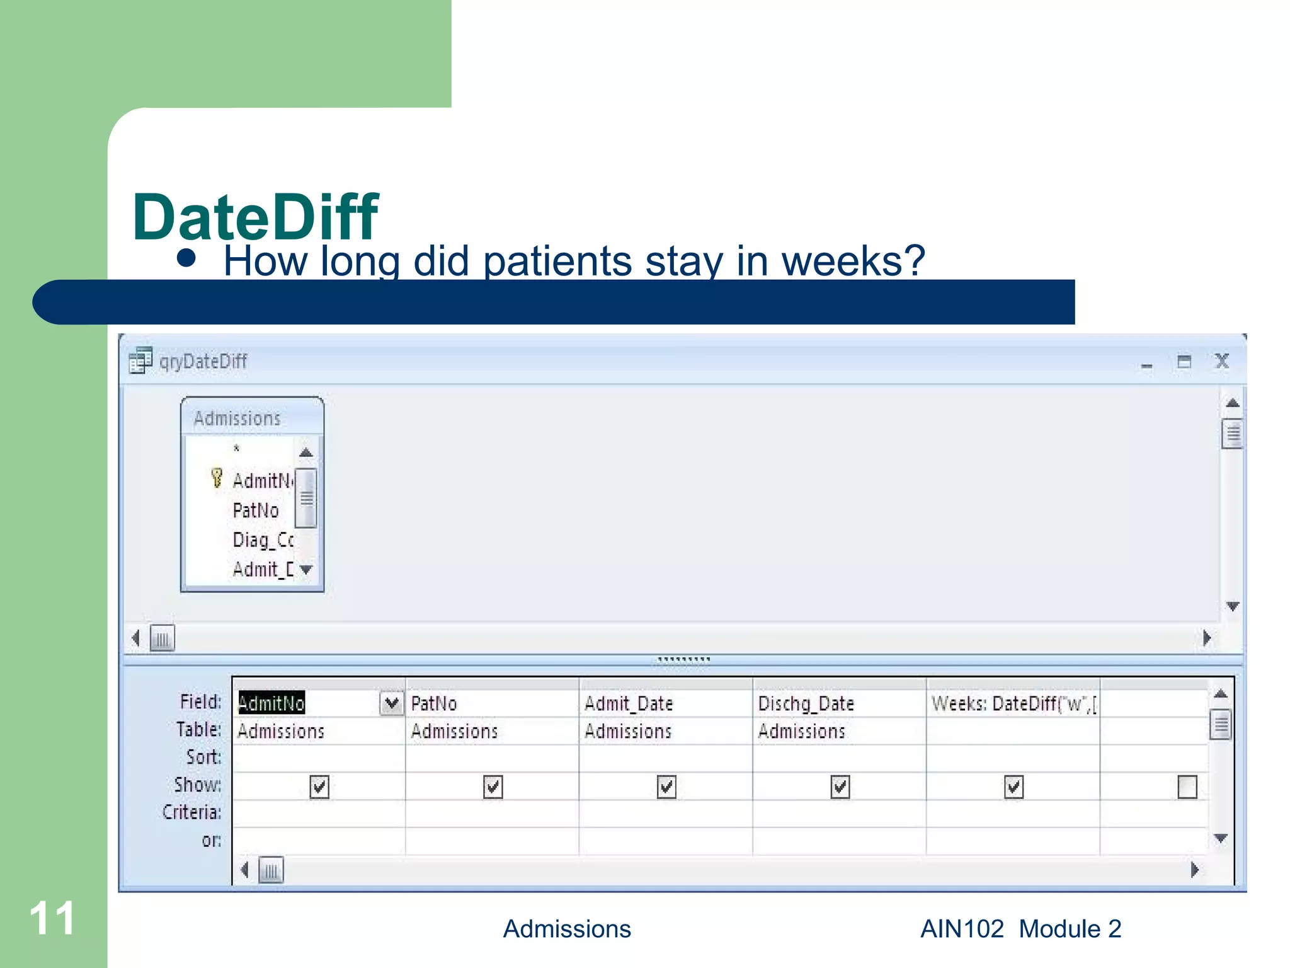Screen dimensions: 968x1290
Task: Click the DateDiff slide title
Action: pos(255,217)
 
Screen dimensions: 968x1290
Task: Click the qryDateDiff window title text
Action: pos(203,362)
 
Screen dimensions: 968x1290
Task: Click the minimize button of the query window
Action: pos(1146,364)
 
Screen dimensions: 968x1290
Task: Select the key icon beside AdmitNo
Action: pos(217,478)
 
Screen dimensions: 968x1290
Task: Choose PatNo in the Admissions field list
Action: pos(255,510)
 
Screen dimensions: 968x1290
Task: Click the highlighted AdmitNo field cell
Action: pos(271,703)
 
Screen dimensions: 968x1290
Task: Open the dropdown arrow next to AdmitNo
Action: pos(391,703)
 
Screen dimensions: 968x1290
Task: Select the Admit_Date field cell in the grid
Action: pos(629,703)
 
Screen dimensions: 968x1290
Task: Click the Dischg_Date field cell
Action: pos(806,703)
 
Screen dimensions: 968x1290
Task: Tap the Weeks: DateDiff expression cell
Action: pos(1013,703)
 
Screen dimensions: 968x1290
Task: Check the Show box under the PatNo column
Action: pos(493,786)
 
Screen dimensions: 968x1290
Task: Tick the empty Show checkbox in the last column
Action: pos(1187,786)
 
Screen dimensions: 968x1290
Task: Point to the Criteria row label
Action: pos(191,812)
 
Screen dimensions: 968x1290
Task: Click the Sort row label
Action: pos(203,757)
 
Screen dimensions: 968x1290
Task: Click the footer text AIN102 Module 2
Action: pos(1020,929)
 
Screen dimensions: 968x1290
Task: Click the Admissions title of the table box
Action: pos(237,418)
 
